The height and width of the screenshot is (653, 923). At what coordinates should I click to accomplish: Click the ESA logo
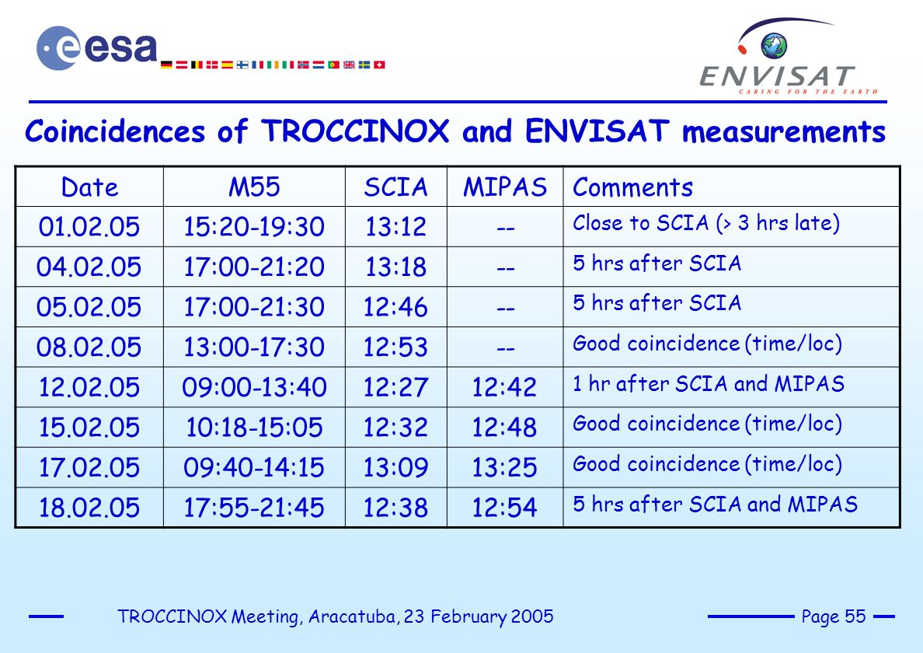[x=97, y=48]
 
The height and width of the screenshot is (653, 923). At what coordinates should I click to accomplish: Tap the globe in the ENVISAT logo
[x=774, y=46]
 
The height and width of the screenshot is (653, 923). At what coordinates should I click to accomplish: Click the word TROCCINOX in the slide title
[x=356, y=131]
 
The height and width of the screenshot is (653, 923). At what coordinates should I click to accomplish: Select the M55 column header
[x=254, y=187]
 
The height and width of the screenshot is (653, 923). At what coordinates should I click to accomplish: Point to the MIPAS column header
[x=505, y=187]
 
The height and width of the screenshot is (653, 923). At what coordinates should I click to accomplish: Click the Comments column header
[x=632, y=187]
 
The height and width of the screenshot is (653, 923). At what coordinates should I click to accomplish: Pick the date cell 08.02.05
[x=89, y=347]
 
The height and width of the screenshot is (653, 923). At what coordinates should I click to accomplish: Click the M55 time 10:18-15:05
[x=254, y=427]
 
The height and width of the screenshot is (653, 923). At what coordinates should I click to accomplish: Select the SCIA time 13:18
[x=395, y=267]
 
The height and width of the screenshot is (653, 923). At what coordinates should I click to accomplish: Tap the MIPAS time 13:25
[x=504, y=467]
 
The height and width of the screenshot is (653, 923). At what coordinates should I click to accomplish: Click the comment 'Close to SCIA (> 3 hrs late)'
[x=706, y=223]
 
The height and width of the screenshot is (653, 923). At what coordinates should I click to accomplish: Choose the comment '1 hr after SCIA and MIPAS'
[x=709, y=384]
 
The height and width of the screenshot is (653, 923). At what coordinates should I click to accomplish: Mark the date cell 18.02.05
[x=89, y=508]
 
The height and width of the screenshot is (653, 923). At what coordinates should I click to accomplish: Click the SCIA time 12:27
[x=395, y=387]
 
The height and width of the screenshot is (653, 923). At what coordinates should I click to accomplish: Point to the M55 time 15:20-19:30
[x=254, y=227]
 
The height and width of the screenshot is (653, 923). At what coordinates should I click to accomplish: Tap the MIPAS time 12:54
[x=504, y=508]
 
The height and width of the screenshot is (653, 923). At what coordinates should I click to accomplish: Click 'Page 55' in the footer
[x=834, y=616]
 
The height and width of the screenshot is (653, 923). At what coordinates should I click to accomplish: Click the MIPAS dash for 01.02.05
[x=506, y=228]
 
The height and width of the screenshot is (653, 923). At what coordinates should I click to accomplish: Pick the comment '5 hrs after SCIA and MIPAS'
[x=716, y=504]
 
